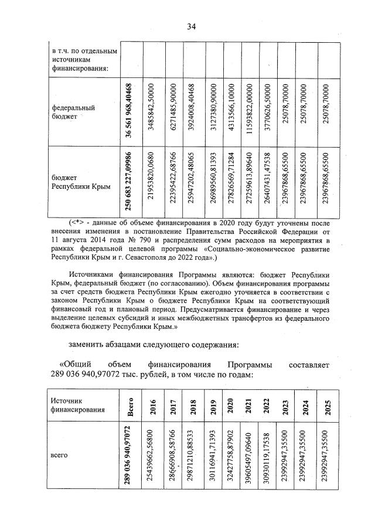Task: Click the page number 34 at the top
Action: click(x=191, y=26)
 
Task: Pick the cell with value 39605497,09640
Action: click(x=250, y=457)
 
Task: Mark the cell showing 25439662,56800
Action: click(x=154, y=457)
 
